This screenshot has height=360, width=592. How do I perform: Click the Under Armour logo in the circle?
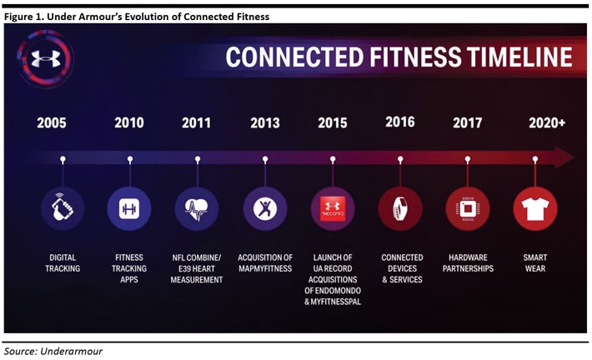coord(46,58)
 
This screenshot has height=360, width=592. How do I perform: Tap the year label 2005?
coord(52,123)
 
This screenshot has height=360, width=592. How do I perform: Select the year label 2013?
coord(265,123)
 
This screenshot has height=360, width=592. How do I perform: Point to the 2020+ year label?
coord(547,123)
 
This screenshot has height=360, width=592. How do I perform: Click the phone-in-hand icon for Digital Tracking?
coord(63,208)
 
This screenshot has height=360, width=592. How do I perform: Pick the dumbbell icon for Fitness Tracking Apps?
coord(129,208)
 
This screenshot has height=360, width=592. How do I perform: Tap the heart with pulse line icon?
coord(196,209)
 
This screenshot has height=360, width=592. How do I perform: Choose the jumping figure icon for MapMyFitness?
coord(265,208)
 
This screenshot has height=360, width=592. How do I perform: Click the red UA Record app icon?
coord(333,208)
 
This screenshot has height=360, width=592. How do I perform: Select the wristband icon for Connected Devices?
coord(400,208)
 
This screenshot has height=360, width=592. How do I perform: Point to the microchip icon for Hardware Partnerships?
coord(468,208)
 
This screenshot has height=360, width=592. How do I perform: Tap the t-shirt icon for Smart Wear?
coord(535,208)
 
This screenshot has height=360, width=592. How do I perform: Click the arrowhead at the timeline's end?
coord(564,157)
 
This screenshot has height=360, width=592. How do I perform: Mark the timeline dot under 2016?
coord(400,159)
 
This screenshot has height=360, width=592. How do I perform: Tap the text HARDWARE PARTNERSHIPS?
coord(468,263)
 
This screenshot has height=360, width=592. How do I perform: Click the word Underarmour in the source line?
coord(72,352)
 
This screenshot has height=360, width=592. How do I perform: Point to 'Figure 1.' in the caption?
coord(24,17)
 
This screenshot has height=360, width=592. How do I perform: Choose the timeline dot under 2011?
coord(198,160)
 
